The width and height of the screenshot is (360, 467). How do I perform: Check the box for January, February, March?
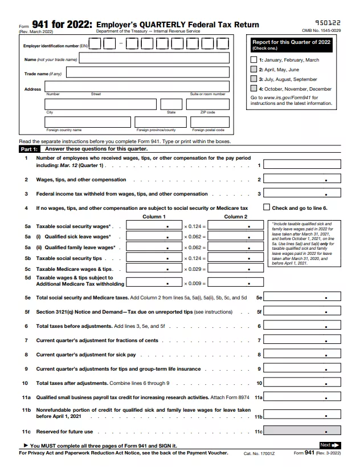click(253, 60)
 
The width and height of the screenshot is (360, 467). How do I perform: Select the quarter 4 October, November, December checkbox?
click(253, 89)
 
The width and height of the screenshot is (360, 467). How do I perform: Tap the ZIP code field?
click(207, 104)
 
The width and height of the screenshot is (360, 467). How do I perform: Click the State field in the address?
click(171, 104)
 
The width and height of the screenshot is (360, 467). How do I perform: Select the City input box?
click(100, 104)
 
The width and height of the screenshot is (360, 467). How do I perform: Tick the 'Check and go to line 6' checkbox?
click(266, 208)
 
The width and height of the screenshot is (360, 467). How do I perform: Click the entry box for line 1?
click(301, 165)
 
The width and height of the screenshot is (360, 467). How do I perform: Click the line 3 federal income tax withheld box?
click(301, 193)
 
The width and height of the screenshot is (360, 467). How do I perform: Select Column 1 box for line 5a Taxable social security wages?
click(153, 226)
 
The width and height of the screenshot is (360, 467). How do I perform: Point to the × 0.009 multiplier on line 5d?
click(195, 283)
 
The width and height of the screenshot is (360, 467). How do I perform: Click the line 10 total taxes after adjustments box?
click(301, 383)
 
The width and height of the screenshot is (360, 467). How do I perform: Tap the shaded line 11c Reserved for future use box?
click(301, 432)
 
